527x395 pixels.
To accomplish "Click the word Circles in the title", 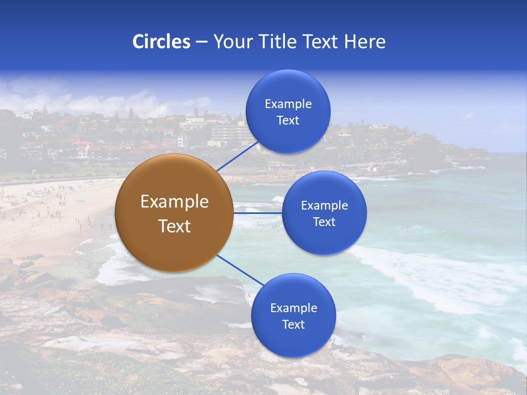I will pyautogui.click(x=161, y=42).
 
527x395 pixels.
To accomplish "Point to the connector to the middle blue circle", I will pyautogui.click(x=257, y=213).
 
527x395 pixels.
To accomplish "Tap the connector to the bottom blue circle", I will pyautogui.click(x=240, y=270).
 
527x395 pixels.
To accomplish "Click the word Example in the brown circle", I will pyautogui.click(x=175, y=202).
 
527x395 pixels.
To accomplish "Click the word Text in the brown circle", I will pyautogui.click(x=175, y=226).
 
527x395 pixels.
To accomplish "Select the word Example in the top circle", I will pyautogui.click(x=288, y=104).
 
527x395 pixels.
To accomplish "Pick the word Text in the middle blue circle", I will pyautogui.click(x=324, y=222).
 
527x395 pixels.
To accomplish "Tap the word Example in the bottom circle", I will pyautogui.click(x=294, y=308).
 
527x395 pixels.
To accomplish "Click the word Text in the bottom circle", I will pyautogui.click(x=293, y=325).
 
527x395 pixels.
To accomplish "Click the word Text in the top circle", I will pyautogui.click(x=288, y=121).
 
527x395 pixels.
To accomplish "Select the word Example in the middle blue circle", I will pyautogui.click(x=324, y=206).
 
